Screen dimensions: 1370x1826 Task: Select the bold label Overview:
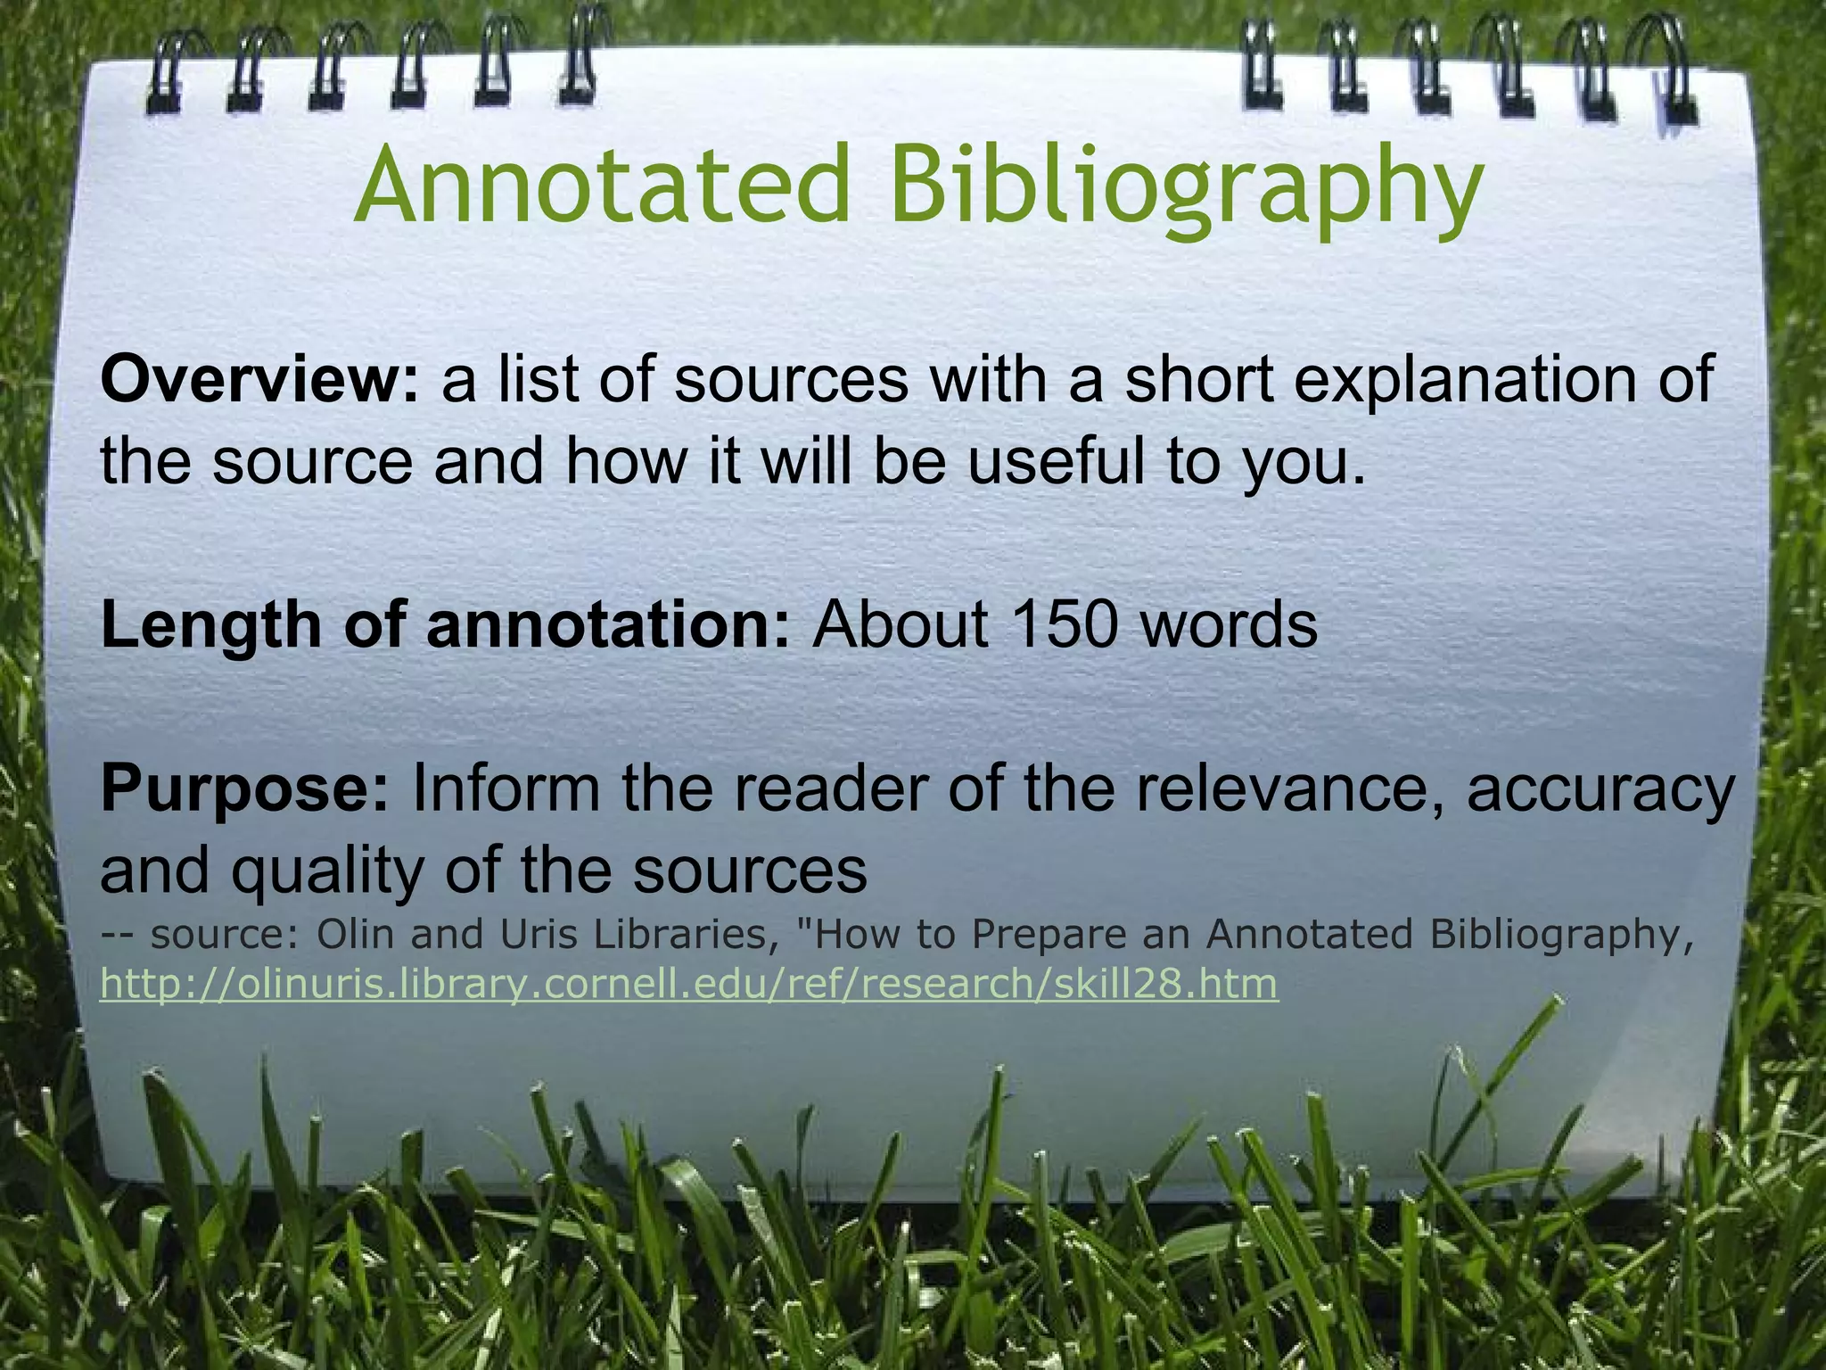(259, 380)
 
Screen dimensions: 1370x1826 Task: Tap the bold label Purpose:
(245, 789)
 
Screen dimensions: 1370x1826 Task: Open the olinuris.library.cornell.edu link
(689, 985)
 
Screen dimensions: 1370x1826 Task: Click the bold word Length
(210, 626)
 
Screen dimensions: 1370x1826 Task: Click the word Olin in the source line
(356, 935)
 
